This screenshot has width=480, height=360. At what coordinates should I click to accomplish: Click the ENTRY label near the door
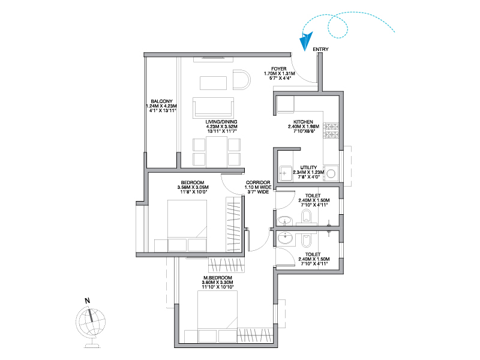pyautogui.click(x=320, y=49)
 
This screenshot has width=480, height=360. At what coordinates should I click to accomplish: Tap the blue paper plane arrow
pyautogui.click(x=306, y=41)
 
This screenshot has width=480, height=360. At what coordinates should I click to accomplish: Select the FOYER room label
pyautogui.click(x=279, y=69)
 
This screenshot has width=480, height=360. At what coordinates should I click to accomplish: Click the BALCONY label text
pyautogui.click(x=161, y=101)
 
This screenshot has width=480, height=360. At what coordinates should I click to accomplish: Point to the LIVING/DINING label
pyautogui.click(x=221, y=122)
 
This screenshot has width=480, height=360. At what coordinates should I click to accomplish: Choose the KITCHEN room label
pyautogui.click(x=303, y=122)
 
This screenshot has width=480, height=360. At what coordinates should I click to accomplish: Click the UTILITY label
pyautogui.click(x=308, y=168)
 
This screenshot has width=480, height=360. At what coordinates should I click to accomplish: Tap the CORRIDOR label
pyautogui.click(x=258, y=182)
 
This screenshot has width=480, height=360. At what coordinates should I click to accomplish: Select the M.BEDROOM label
pyautogui.click(x=218, y=278)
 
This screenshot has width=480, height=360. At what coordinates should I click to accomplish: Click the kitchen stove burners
pyautogui.click(x=331, y=131)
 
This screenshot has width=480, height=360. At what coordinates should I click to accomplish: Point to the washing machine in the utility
pyautogui.click(x=331, y=174)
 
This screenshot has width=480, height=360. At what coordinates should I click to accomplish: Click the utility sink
pyautogui.click(x=286, y=173)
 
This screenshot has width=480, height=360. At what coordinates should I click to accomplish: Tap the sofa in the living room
pyautogui.click(x=214, y=108)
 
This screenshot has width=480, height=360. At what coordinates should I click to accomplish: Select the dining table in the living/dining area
pyautogui.click(x=217, y=152)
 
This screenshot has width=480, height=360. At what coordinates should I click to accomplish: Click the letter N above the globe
pyautogui.click(x=87, y=301)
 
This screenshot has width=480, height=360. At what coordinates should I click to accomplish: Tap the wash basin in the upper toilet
pyautogui.click(x=284, y=221)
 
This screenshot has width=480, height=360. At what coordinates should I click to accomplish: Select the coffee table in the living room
pyautogui.click(x=214, y=83)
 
